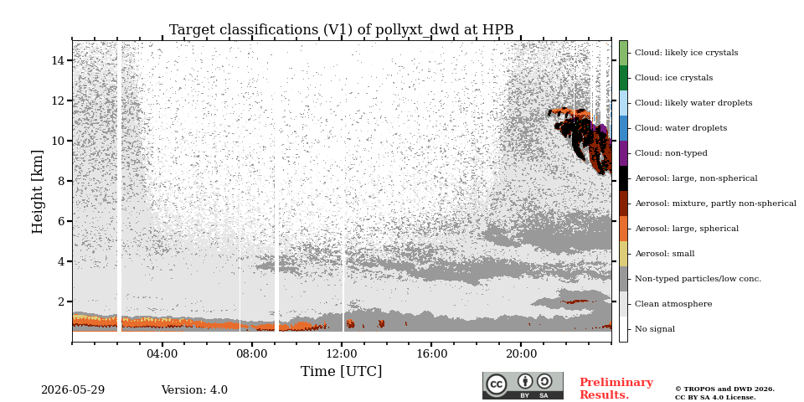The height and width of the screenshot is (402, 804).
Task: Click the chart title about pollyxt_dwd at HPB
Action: [341, 30]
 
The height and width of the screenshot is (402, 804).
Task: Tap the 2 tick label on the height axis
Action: [64, 301]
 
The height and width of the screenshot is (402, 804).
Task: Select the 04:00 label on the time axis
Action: [162, 353]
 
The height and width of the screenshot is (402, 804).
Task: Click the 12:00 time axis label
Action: [342, 353]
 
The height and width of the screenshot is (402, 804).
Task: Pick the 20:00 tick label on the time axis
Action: [521, 353]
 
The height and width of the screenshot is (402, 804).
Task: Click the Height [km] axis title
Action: [38, 191]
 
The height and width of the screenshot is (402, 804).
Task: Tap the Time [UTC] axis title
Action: [341, 371]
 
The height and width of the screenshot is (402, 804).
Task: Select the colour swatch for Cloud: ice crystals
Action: [623, 78]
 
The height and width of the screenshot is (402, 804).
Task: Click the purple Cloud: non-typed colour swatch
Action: [623, 153]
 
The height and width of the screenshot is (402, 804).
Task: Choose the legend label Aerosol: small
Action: [664, 254]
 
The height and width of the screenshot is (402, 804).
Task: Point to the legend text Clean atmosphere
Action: [673, 304]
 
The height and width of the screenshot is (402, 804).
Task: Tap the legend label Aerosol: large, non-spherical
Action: [696, 178]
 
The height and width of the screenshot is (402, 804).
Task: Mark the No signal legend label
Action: [655, 329]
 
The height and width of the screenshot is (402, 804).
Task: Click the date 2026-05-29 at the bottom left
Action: [73, 390]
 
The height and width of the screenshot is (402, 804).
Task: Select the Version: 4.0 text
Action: [194, 390]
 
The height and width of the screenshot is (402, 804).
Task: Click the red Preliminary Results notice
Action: [616, 389]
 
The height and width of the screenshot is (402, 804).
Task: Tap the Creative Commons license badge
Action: [523, 385]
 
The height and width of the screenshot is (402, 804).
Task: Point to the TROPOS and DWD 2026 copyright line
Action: [724, 389]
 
